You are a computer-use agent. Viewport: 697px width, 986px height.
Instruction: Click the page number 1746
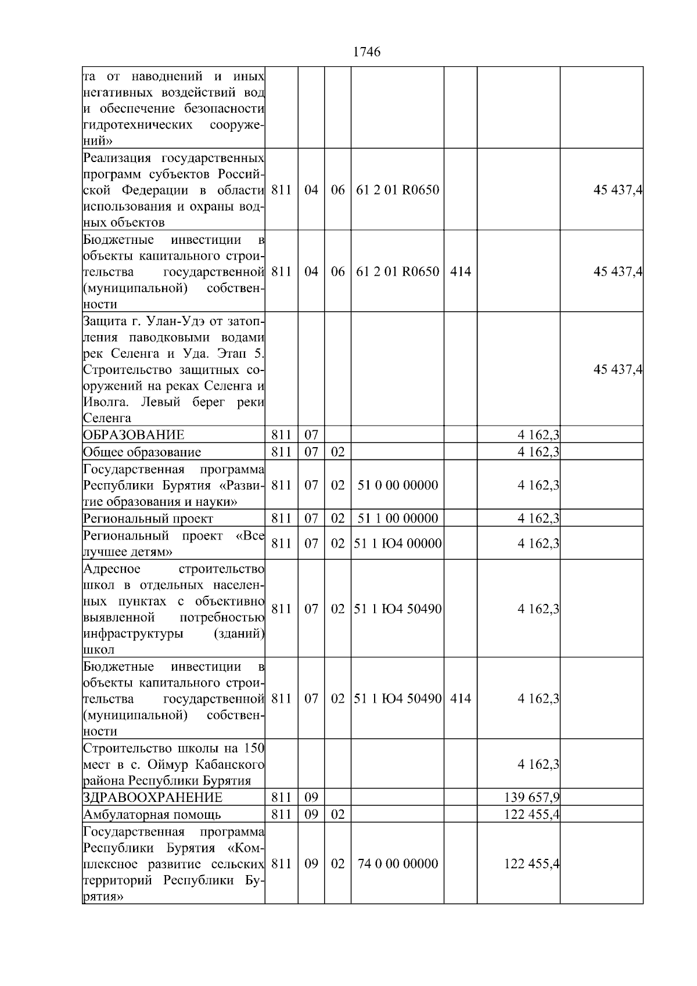(367, 52)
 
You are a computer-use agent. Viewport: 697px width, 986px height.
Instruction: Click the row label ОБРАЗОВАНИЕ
(134, 435)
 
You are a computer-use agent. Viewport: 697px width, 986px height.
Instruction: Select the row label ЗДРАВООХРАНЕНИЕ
(152, 797)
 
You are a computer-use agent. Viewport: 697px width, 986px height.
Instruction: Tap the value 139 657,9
(531, 797)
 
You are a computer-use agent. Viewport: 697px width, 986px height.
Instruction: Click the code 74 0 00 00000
(397, 863)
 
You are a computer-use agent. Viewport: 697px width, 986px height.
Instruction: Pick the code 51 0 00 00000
(397, 485)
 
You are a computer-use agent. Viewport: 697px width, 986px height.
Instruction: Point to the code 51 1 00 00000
(397, 519)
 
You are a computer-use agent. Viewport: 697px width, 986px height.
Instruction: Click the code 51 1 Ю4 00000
(397, 544)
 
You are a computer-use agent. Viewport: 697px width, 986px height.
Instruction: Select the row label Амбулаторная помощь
(152, 814)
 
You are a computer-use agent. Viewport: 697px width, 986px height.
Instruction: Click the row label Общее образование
(142, 452)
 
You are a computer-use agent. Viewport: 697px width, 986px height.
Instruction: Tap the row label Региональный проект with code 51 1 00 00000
(148, 519)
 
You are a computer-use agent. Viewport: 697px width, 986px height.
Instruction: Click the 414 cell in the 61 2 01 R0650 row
(460, 272)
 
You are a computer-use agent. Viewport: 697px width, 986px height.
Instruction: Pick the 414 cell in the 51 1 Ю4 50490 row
(460, 699)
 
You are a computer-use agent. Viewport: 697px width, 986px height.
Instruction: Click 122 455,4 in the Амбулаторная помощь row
(531, 814)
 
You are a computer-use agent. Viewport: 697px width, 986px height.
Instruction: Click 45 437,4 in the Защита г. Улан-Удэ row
(617, 370)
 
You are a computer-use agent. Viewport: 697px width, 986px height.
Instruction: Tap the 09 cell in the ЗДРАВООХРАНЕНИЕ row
(311, 797)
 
